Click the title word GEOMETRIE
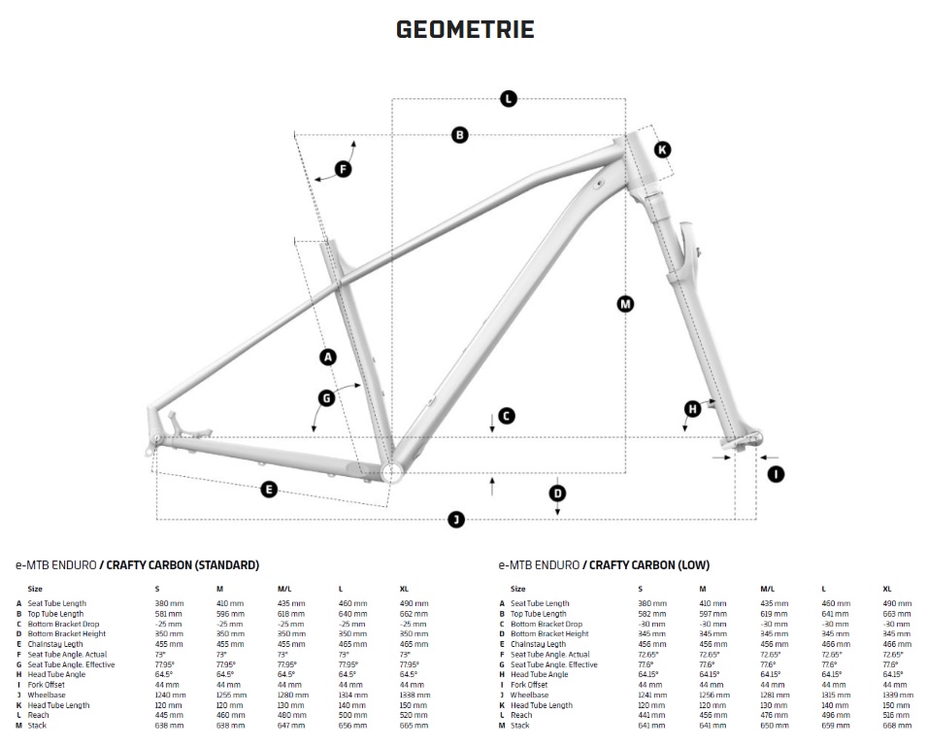pos(465,29)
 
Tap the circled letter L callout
pos(508,97)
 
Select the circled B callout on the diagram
pos(460,135)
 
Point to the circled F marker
pos(342,170)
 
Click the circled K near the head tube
pos(661,149)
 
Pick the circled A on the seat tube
pos(327,357)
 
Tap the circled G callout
pos(326,397)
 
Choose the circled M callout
pos(625,304)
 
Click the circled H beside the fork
pos(692,409)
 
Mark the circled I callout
pos(776,473)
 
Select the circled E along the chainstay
pos(270,490)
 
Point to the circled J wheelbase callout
pos(456,520)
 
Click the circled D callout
pos(557,493)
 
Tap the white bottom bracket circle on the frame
pos(393,471)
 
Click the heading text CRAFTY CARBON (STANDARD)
pos(183,564)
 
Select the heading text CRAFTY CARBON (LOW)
pos(649,564)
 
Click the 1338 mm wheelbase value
pos(414,696)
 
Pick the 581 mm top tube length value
pos(167,614)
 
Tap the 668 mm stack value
pos(896,726)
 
